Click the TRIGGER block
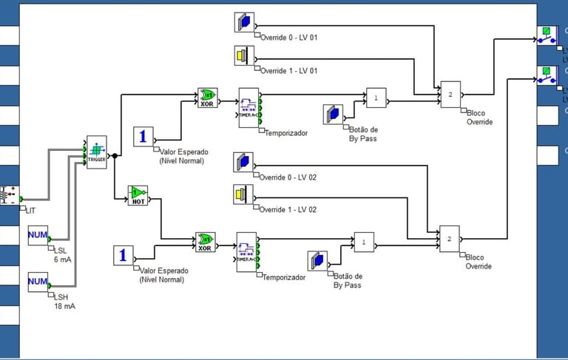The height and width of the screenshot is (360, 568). point(97,152)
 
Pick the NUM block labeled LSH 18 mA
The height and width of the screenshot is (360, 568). point(37,281)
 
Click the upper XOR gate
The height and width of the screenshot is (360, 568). point(207,98)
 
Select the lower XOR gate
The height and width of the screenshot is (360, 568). point(205,242)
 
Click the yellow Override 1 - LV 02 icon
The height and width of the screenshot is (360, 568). point(243,194)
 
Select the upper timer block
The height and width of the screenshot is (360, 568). point(248,108)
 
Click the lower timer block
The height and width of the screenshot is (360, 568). point(247,252)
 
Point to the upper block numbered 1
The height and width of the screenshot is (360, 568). point(376,98)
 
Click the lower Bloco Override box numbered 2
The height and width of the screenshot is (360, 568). point(450,239)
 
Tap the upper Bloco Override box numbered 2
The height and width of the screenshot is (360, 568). point(450,94)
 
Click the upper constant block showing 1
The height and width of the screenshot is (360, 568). point(143,137)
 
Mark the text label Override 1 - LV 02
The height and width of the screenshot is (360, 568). point(288,210)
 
